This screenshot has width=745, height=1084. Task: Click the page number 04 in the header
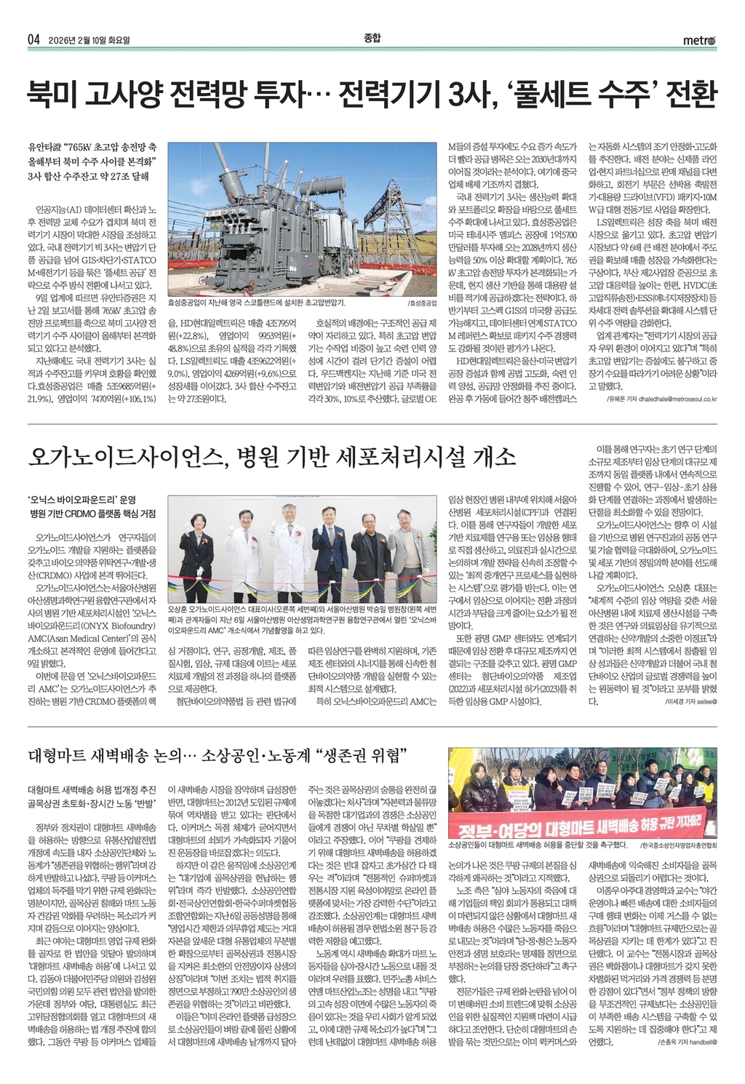tap(33, 39)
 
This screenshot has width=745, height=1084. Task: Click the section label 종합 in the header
tap(372, 38)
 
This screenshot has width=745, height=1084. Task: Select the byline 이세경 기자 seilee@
tap(691, 702)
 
